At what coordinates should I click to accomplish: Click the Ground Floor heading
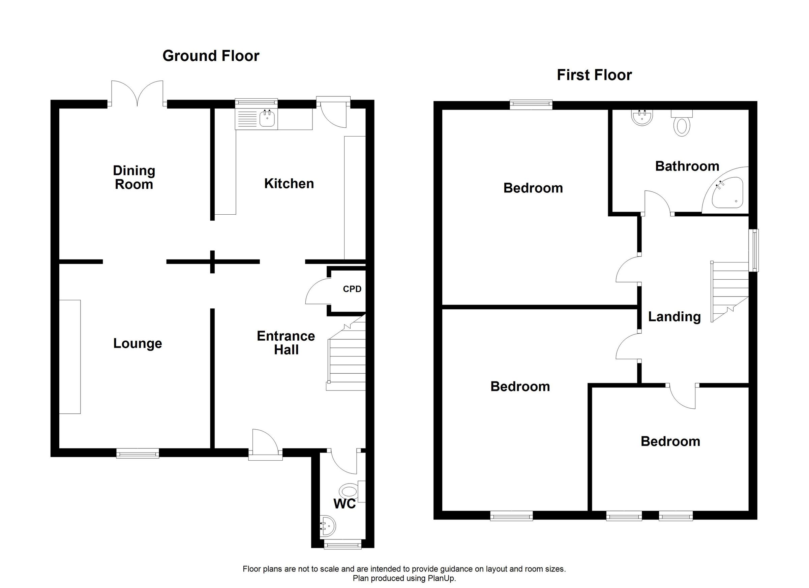[x=211, y=56]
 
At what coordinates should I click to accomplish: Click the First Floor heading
[x=594, y=75]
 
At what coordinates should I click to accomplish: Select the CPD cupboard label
[x=352, y=289]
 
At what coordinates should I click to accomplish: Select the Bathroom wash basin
[x=642, y=118]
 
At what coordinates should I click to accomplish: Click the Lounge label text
[x=138, y=343]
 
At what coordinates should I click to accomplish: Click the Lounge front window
[x=138, y=454]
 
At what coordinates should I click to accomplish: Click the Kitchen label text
[x=289, y=184]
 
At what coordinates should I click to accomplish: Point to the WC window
[x=342, y=545]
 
